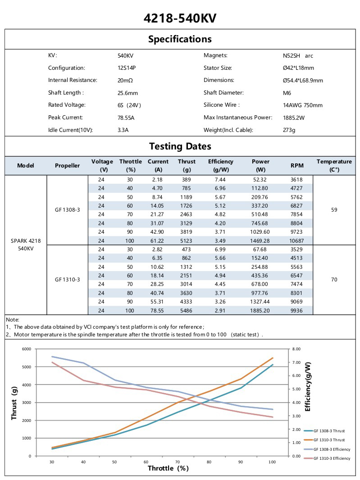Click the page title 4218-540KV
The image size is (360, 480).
point(180,18)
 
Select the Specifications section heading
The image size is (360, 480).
point(180,39)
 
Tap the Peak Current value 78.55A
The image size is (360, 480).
point(126,118)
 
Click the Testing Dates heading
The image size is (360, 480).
point(180,146)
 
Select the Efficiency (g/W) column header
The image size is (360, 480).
point(220,165)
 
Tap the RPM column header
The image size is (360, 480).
point(297,165)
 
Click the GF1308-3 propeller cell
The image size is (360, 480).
point(68,210)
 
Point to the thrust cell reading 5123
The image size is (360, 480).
point(187,241)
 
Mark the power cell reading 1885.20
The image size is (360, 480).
point(260,311)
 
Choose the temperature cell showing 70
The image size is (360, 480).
point(334,280)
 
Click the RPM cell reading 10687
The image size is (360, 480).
point(297,241)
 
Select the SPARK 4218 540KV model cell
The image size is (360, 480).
point(26,245)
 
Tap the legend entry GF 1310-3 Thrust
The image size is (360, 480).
point(329,440)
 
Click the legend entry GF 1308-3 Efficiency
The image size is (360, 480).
point(331,449)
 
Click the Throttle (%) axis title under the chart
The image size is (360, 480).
point(168,468)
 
